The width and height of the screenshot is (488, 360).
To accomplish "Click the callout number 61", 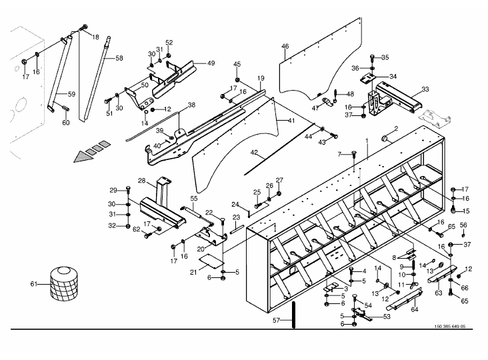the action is (34, 284).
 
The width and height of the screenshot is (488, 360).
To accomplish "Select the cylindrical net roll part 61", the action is (64, 283).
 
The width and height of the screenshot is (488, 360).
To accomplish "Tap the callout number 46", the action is (285, 47).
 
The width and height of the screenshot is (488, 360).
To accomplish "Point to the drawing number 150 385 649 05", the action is (450, 327).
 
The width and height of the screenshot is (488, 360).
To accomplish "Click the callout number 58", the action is (119, 58).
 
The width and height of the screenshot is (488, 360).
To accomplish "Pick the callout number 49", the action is (211, 63).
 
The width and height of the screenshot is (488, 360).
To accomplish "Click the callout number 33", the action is (425, 89).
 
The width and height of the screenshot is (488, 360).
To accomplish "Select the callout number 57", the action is (277, 320).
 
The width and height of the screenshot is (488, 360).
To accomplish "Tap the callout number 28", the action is (141, 181).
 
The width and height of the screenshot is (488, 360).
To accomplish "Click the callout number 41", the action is (291, 121).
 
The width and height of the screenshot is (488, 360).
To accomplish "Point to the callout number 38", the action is (191, 105).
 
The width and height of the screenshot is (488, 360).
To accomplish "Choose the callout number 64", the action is (415, 309).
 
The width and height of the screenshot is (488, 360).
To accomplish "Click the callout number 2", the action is (396, 129).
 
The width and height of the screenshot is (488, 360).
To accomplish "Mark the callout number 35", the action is (385, 57).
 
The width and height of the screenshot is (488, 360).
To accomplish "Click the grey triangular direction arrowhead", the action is (83, 156).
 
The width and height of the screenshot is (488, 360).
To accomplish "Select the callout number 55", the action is (194, 199).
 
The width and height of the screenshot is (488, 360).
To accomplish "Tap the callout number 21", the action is (193, 272).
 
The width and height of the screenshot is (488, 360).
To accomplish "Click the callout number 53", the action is (387, 317).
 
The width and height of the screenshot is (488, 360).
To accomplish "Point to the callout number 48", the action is (350, 93).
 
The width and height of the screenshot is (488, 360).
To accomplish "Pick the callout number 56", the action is (463, 225).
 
